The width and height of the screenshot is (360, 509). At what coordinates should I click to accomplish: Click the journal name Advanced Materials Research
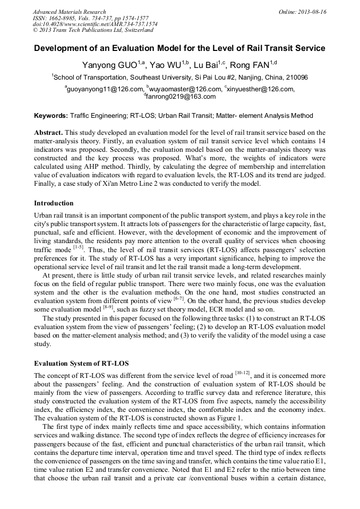(69, 11)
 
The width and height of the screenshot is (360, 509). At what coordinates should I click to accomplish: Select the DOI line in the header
(95, 24)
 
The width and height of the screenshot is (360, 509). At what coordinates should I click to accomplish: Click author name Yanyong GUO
(110, 65)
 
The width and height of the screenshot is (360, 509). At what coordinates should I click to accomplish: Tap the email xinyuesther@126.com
(260, 89)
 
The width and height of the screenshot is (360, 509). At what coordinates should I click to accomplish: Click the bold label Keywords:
(51, 115)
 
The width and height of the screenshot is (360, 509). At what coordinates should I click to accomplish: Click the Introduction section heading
(54, 203)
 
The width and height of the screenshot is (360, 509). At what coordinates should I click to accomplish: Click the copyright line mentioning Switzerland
(93, 30)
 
